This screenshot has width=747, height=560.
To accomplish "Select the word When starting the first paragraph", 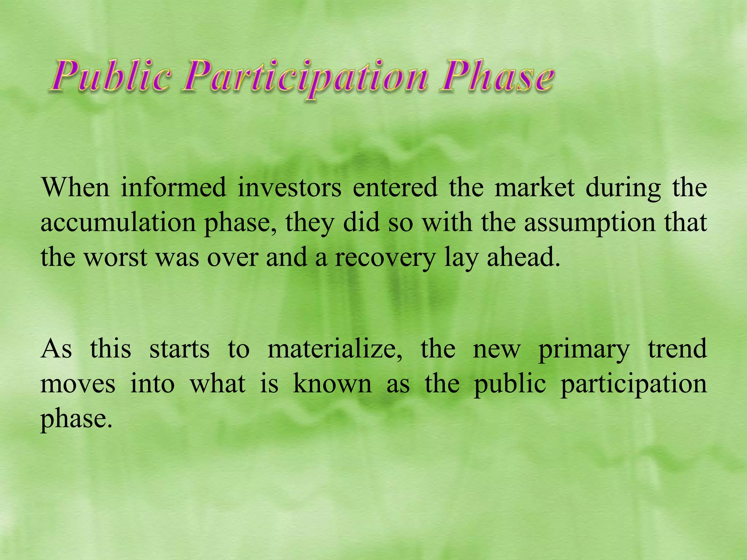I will (x=75, y=187).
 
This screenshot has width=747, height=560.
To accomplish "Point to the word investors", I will (x=290, y=187).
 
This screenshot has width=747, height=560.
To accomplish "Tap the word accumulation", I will (x=118, y=222).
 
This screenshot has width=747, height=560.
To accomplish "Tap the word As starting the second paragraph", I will (x=56, y=349).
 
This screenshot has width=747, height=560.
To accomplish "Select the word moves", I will (x=78, y=384).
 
